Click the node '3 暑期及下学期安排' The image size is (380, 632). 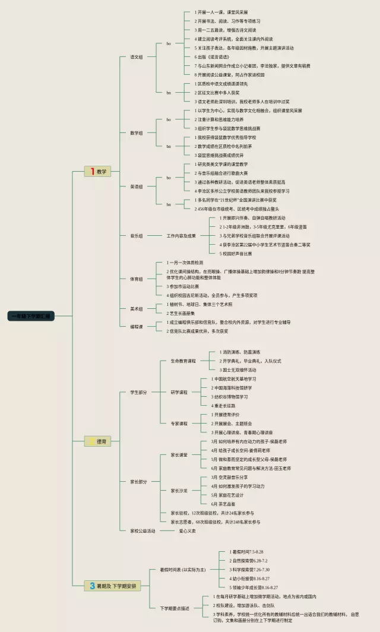click(113, 586)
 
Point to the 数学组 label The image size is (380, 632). click(137, 132)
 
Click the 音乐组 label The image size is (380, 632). click(137, 236)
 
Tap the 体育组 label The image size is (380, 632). click(137, 279)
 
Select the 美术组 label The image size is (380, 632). click(137, 309)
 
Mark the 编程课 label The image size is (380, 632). click(137, 326)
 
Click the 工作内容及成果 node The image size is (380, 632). click(181, 236)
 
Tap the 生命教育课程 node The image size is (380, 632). click(183, 361)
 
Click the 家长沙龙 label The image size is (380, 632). click(179, 491)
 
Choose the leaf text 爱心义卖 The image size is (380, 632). click(188, 530)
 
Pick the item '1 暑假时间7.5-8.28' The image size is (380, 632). click(246, 552)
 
